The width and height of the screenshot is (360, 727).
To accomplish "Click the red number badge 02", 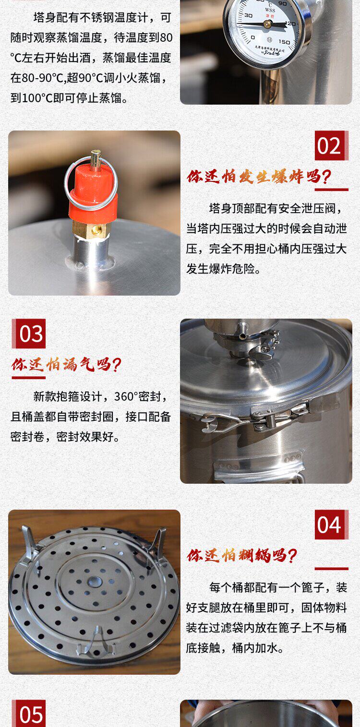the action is point(331,145).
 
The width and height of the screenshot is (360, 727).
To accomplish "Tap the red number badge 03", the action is point(29,334).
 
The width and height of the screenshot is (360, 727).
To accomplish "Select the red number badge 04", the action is point(331,524).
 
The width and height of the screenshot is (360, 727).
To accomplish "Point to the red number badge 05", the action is point(29,714).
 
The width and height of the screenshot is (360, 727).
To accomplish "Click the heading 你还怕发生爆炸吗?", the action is point(259,177).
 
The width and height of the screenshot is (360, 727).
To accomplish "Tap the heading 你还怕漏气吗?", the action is point(66,365).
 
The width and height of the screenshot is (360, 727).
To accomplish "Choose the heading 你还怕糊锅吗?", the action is point(242,555).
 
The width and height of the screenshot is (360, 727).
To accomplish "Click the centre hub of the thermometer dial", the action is point(268,24).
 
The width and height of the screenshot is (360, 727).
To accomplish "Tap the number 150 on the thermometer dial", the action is point(284,42).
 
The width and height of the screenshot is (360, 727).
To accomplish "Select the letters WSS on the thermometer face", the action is point(270,10).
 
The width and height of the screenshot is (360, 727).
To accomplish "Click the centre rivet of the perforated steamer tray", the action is point(94,581).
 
